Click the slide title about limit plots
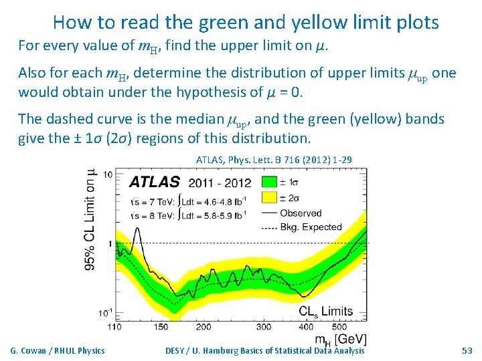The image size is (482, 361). (246, 23)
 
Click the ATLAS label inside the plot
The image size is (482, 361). (154, 183)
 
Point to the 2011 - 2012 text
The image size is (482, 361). (220, 183)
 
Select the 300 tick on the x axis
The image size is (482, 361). (264, 326)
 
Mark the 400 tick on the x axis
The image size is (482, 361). (306, 326)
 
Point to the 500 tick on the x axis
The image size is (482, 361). (339, 326)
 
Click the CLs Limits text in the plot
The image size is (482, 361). (326, 311)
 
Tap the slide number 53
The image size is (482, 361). (467, 350)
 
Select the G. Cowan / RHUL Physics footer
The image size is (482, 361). (58, 350)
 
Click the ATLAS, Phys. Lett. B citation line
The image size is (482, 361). (274, 160)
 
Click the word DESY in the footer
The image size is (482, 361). (177, 350)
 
